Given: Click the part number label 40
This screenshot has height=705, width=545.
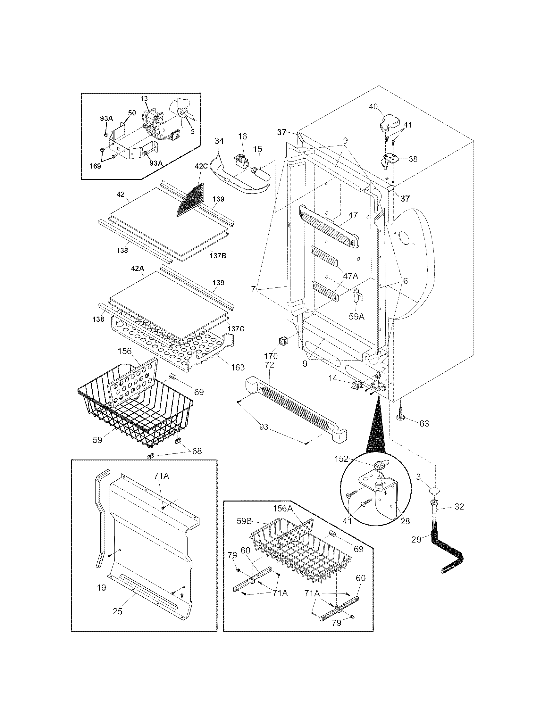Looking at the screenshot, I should point(373,107).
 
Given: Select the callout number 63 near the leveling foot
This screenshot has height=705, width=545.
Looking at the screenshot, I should point(424,424).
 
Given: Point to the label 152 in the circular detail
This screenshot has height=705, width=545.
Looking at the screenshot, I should point(341,459).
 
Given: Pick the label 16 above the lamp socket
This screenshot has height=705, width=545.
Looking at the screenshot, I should point(242,137).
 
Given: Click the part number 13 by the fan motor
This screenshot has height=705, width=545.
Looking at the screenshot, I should point(144,98).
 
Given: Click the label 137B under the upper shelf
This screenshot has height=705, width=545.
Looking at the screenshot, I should point(218,256).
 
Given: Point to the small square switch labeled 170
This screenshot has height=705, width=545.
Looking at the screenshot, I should point(283,341).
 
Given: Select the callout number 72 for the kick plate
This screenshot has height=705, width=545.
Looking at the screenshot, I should point(269,365).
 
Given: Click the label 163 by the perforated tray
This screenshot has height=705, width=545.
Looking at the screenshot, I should point(238,367).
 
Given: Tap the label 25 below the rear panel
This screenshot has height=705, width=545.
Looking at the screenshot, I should point(118,611).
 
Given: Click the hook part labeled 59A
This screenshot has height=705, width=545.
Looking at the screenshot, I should point(358,295).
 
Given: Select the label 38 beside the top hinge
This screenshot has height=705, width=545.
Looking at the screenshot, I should point(413,159).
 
